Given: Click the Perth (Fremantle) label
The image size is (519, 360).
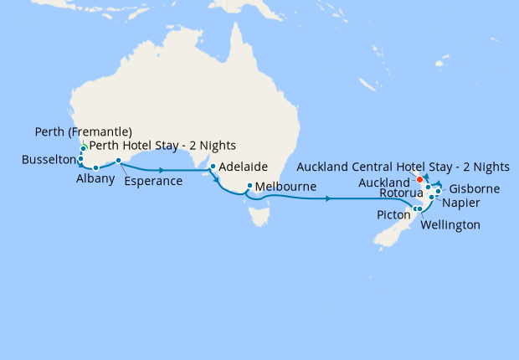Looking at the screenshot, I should coord(84,131).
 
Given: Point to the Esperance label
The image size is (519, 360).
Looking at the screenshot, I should coord(152,181).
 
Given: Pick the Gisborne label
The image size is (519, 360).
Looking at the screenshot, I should coord(474,189).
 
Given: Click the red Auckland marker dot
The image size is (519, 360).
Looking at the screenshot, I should coord(419,180).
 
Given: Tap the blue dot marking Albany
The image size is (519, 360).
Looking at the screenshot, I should coord(96,168).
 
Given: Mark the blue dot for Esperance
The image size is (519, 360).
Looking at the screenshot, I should coord(119,160).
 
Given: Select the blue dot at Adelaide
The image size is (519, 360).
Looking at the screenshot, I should coord(213,167).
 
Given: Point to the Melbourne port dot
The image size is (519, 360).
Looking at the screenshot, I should coord(249,186).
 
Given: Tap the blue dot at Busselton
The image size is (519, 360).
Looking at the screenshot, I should coord(80,159).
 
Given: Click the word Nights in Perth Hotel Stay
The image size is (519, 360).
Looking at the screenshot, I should coord(217,147).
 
